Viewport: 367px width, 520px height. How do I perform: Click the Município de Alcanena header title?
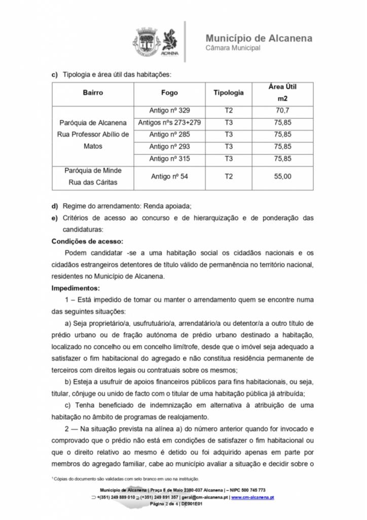point(259,38)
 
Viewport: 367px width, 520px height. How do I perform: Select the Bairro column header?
point(93,93)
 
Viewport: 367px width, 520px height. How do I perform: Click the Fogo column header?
point(169,93)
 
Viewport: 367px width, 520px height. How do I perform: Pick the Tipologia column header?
point(228,93)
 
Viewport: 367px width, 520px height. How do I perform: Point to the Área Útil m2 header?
point(282,92)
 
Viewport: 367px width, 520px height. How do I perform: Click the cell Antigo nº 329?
point(169,110)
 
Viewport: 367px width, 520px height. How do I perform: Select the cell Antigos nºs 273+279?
point(169,122)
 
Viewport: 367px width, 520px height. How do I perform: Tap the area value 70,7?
point(282,110)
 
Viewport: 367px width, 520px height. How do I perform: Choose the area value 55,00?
point(282,177)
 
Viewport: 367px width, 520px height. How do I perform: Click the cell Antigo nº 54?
point(169,177)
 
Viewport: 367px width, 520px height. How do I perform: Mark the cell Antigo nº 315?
point(169,158)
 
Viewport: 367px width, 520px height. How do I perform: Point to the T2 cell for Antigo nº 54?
point(228,177)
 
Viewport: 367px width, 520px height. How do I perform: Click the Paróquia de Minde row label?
point(93,171)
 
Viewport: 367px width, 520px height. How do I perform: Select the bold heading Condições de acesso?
point(87,241)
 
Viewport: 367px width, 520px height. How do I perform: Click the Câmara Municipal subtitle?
point(233,48)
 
